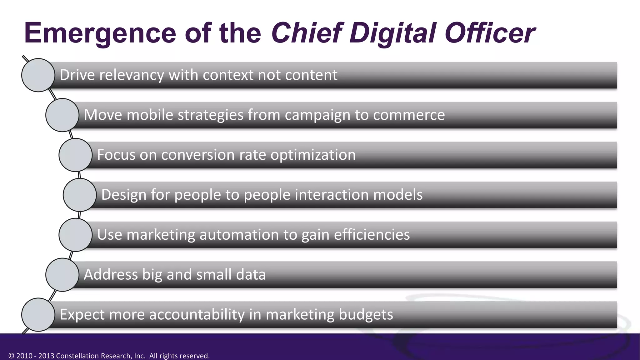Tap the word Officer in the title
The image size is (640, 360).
[x=490, y=33]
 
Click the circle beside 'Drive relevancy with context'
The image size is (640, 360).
[x=38, y=75]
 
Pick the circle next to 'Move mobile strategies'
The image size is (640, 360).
[x=62, y=115]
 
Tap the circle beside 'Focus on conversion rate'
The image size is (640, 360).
[x=75, y=155]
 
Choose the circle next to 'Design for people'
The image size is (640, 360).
[x=80, y=195]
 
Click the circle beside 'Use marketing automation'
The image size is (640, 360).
[x=75, y=235]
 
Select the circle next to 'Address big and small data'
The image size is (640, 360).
[x=62, y=275]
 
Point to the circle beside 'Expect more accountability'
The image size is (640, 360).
[x=38, y=315]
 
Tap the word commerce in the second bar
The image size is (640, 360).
[x=409, y=115]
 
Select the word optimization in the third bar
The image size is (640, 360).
[x=313, y=155]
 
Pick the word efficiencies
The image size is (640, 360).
[x=372, y=235]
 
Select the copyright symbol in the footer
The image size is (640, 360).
[x=12, y=356]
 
